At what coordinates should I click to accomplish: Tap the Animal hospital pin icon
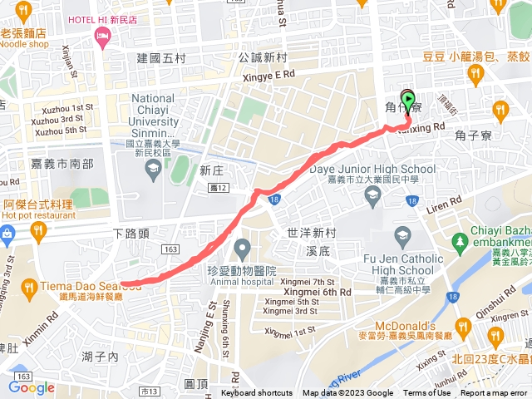[x=243, y=248]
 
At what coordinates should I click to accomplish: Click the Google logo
[x=32, y=387]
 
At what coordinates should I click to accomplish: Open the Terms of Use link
[x=427, y=393]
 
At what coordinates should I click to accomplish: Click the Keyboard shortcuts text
[x=257, y=393]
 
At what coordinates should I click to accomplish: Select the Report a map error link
[x=495, y=393]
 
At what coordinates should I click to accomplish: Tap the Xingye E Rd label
[x=268, y=74]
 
